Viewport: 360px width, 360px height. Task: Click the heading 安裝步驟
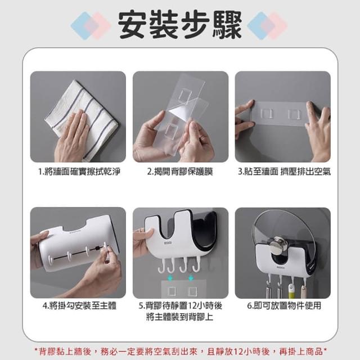180,25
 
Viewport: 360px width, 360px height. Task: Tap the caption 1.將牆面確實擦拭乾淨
79,172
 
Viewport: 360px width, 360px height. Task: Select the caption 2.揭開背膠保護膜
180,172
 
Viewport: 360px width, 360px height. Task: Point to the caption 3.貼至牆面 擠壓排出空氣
284,172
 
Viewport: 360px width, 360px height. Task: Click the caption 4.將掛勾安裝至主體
79,305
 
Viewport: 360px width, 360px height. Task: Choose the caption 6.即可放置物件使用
284,305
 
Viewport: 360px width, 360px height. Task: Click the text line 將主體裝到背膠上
180,317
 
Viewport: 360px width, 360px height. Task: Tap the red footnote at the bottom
181,351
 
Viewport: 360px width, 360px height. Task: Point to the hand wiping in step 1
71,136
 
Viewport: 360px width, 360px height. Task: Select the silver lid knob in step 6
278,244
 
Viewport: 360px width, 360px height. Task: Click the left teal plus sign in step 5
170,278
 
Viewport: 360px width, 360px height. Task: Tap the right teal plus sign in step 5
191,278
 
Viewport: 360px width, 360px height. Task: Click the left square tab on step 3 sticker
267,114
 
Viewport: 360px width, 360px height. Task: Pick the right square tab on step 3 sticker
295,114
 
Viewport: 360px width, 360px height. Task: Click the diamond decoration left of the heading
91,25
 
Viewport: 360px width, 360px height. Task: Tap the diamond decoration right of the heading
267,25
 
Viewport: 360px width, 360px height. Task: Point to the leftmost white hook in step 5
161,266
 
